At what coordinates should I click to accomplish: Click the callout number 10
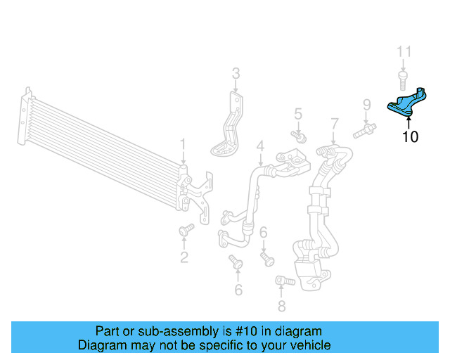[x=409, y=137]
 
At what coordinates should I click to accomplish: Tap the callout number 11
[x=404, y=52]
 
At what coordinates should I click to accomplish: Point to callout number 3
[x=236, y=72]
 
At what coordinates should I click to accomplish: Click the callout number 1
[x=183, y=146]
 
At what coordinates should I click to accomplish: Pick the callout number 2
[x=184, y=257]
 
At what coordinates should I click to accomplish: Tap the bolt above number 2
[x=186, y=230]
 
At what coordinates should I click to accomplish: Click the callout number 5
[x=297, y=113]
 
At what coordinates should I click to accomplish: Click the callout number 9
[x=366, y=105]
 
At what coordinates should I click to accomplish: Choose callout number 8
[x=282, y=306]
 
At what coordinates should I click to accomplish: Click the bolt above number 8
[x=283, y=281]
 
